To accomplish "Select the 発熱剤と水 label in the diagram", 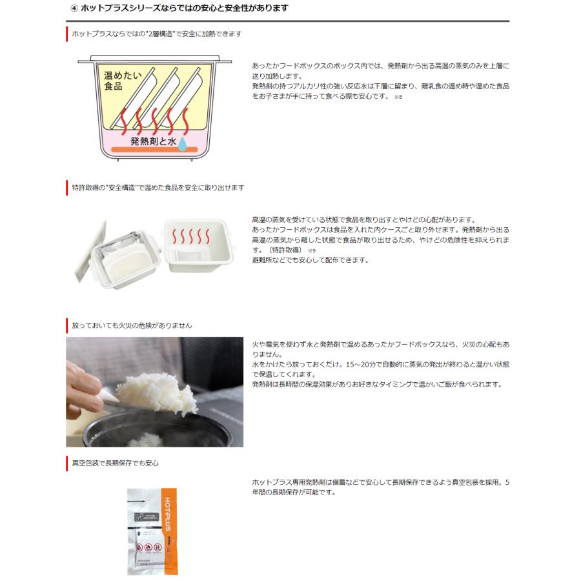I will [x=153, y=140].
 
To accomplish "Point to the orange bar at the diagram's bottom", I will [x=155, y=150].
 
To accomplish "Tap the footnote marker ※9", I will [x=311, y=250].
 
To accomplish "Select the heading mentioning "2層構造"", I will [x=157, y=33].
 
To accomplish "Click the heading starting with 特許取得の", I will [x=158, y=187].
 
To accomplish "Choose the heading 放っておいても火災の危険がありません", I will [x=132, y=325].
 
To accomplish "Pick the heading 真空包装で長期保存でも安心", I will [x=115, y=462].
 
